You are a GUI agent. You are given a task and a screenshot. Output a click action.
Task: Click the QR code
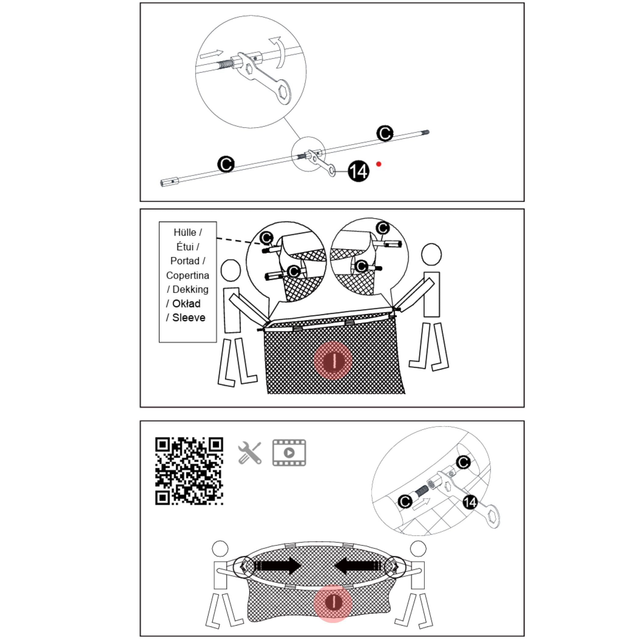pos(189,471)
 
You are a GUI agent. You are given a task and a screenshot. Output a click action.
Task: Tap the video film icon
pos(289,453)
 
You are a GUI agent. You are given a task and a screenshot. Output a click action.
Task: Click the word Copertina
pos(187,275)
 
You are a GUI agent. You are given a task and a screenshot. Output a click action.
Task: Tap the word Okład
pos(186,304)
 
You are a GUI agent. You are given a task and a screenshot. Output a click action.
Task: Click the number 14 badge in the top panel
pos(358,171)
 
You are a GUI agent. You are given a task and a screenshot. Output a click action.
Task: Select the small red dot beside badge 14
pos(379,164)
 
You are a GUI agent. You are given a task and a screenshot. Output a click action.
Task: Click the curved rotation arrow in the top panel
pos(278,52)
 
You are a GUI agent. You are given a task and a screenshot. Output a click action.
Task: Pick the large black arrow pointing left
pos(359,565)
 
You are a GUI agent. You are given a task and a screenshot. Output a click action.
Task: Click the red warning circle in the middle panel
pos(333,361)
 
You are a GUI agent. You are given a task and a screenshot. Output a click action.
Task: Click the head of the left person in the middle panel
pos(231,270)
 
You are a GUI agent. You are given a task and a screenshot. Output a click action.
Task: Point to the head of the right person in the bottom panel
pos(418,549)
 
